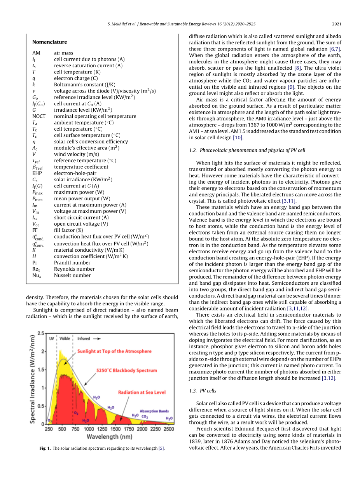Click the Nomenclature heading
[x=49, y=42]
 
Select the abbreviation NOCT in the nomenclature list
[x=39, y=116]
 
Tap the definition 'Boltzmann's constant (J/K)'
[x=84, y=84]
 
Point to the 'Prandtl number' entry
[x=72, y=263]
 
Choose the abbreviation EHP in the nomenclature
[x=37, y=173]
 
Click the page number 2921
[x=337, y=24]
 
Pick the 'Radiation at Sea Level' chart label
[x=142, y=392]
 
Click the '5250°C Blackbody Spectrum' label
[x=127, y=371]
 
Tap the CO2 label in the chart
[x=145, y=417]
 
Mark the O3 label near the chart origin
[x=49, y=420]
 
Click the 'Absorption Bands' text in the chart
[x=154, y=411]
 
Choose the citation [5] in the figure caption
[x=161, y=448]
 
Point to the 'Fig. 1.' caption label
[x=45, y=448]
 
